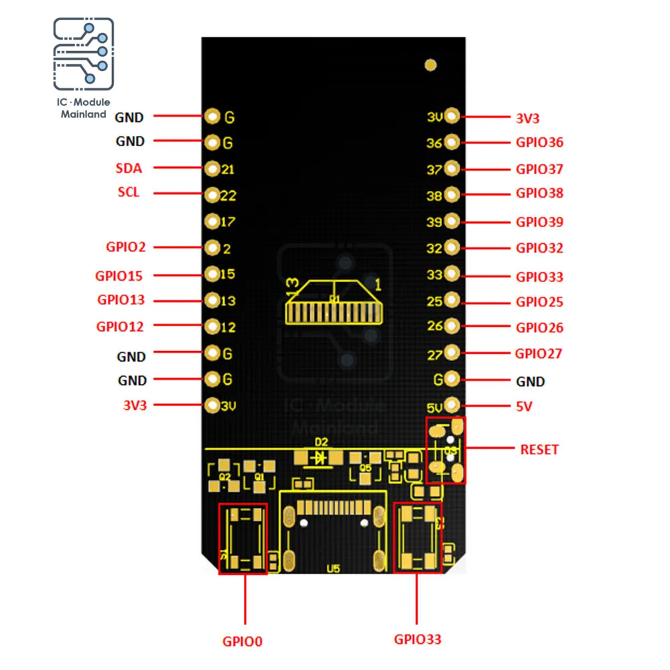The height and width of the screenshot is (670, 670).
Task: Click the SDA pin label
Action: tap(129, 168)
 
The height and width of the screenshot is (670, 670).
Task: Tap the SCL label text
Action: tap(129, 192)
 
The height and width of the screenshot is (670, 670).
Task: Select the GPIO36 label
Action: tap(539, 142)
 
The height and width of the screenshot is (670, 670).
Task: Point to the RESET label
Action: tap(539, 450)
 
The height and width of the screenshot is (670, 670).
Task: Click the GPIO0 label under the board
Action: tap(243, 641)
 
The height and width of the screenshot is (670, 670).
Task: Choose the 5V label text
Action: tap(524, 407)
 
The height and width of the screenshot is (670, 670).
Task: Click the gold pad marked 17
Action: tap(212, 221)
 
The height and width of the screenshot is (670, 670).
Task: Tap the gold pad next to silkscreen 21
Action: tap(212, 168)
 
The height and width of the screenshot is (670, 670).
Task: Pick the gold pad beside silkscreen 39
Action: tap(452, 221)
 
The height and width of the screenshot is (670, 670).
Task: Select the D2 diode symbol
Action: tap(321, 458)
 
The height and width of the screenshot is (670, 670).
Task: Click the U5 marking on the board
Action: tap(333, 569)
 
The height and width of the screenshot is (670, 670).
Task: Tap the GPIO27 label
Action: tap(538, 354)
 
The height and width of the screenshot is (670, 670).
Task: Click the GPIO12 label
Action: tap(120, 327)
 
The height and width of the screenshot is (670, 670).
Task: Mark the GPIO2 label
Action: tap(125, 247)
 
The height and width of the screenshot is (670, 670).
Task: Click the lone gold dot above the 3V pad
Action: tap(431, 65)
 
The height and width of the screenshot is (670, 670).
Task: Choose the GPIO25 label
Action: tap(539, 302)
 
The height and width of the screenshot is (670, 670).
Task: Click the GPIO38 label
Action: tap(539, 194)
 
